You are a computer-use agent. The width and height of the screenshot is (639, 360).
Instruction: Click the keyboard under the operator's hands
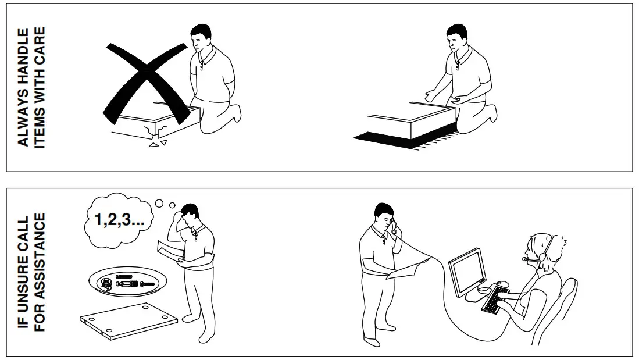click(x=494, y=300)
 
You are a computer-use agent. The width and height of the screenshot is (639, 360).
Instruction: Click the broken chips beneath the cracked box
click(x=158, y=143)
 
